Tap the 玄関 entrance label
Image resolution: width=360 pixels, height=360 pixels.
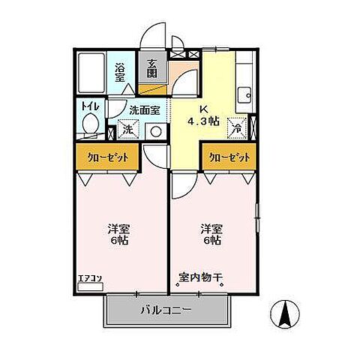[x=152, y=68]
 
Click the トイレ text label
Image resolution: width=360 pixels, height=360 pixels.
[x=90, y=106]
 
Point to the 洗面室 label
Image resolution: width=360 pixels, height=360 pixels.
[x=144, y=109]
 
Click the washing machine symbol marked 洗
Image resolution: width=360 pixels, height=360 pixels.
[x=127, y=129]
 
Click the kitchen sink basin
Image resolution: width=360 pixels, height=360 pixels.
[x=244, y=94]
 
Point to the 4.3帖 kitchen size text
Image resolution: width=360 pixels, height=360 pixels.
[x=204, y=120]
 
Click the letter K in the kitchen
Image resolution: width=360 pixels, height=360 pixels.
[x=203, y=107]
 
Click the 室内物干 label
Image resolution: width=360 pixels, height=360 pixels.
[x=200, y=278]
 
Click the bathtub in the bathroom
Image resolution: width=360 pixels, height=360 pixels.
[x=92, y=71]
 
